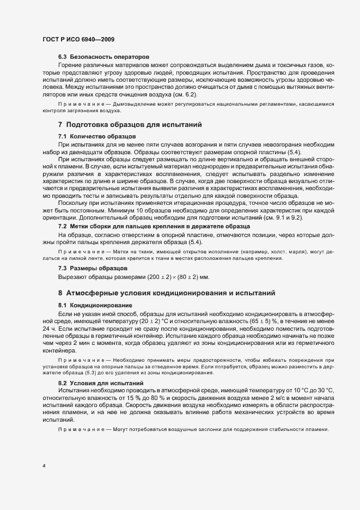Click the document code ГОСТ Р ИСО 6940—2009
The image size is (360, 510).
point(78,40)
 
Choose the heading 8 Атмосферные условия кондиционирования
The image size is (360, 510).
point(168,293)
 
